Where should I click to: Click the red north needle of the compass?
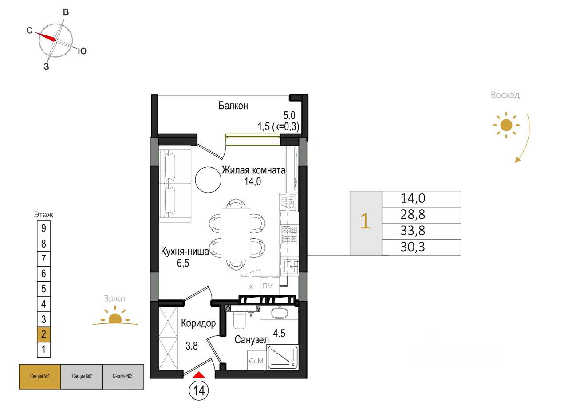45,35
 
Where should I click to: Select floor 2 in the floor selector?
43,334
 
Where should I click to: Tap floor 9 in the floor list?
43,228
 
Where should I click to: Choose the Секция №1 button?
39,377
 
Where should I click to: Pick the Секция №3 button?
122,377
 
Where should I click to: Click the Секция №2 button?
81,377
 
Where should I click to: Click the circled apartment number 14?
199,391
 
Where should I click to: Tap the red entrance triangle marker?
199,375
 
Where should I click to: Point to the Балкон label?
233,106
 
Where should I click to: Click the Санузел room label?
252,340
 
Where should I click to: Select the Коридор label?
198,323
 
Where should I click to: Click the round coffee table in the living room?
208,179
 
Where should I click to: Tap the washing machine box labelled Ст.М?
256,361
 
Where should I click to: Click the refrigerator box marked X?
251,286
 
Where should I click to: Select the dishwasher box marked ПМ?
268,286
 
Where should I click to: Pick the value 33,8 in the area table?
413,231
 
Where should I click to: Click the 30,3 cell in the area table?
413,247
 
